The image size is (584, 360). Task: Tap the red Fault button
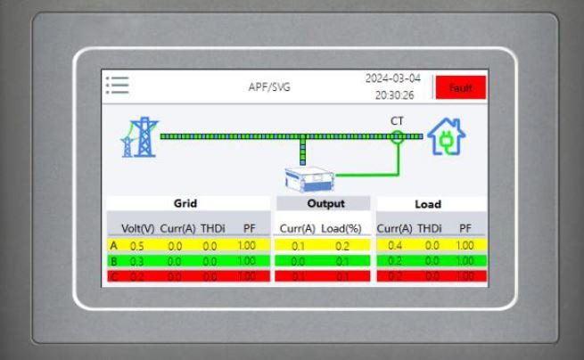click(460, 87)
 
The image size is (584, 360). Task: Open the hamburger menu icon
click(117, 86)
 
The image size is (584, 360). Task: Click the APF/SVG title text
click(269, 87)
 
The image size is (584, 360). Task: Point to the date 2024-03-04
click(392, 78)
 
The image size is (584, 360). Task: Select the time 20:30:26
click(393, 94)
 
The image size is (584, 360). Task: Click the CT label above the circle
click(397, 120)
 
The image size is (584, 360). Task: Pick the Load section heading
click(428, 204)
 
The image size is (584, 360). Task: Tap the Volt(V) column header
click(137, 229)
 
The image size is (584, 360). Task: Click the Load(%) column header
click(343, 229)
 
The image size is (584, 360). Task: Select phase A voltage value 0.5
click(137, 245)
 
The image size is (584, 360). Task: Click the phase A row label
click(114, 245)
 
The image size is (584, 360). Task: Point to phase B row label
click(114, 261)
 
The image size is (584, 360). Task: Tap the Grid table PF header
click(249, 229)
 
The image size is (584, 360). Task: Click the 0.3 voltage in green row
click(137, 261)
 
